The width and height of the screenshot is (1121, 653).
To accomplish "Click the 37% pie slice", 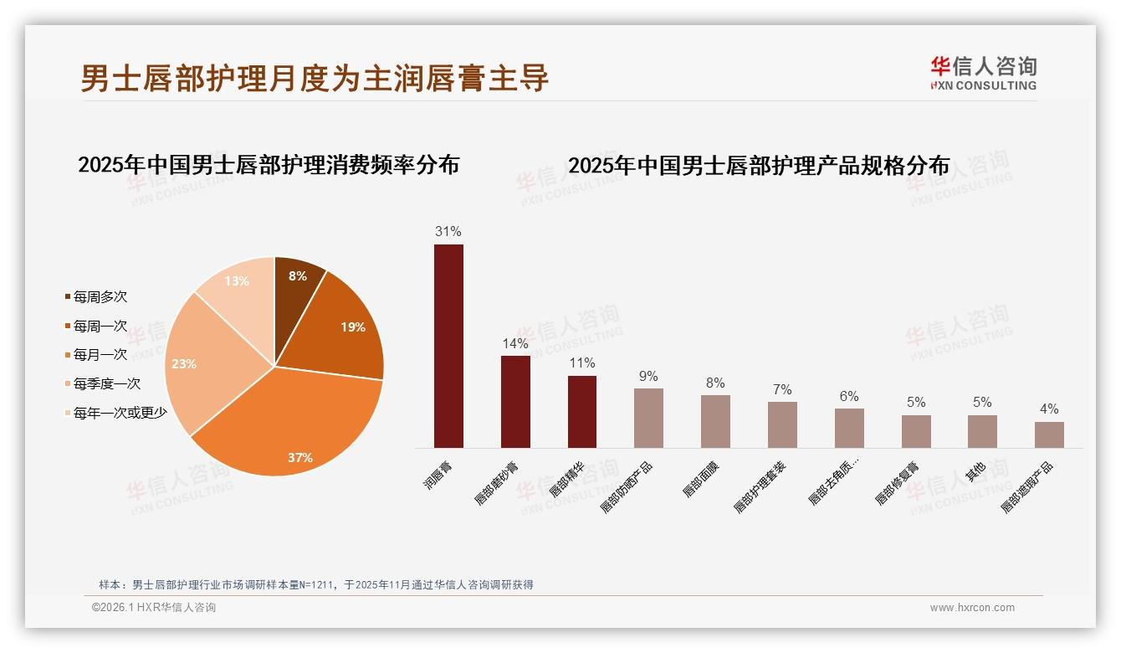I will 284,427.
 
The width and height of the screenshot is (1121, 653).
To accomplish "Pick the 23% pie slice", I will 201,360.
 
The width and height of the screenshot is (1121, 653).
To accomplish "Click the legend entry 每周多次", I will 100,297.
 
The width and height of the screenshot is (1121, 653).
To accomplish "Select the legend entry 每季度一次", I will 106,384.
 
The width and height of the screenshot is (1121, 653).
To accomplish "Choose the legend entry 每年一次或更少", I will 120,413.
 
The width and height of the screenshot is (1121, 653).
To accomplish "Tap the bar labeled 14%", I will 515,402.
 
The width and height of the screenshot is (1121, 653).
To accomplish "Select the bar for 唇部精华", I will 582,411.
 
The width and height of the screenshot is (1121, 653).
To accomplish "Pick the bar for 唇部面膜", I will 715,421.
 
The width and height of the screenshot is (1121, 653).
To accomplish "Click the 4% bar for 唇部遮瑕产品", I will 1049,434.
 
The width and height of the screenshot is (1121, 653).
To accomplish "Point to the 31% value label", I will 448,232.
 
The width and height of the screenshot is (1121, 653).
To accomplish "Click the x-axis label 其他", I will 975,473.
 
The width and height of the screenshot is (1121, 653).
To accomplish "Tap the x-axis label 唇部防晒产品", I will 627,486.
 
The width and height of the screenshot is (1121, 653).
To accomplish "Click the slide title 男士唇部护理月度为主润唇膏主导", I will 315,78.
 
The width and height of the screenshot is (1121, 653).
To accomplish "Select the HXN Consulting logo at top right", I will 984,73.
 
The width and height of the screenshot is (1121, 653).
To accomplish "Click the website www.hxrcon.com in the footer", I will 972,608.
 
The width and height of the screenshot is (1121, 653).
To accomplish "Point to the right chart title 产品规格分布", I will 759,166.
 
